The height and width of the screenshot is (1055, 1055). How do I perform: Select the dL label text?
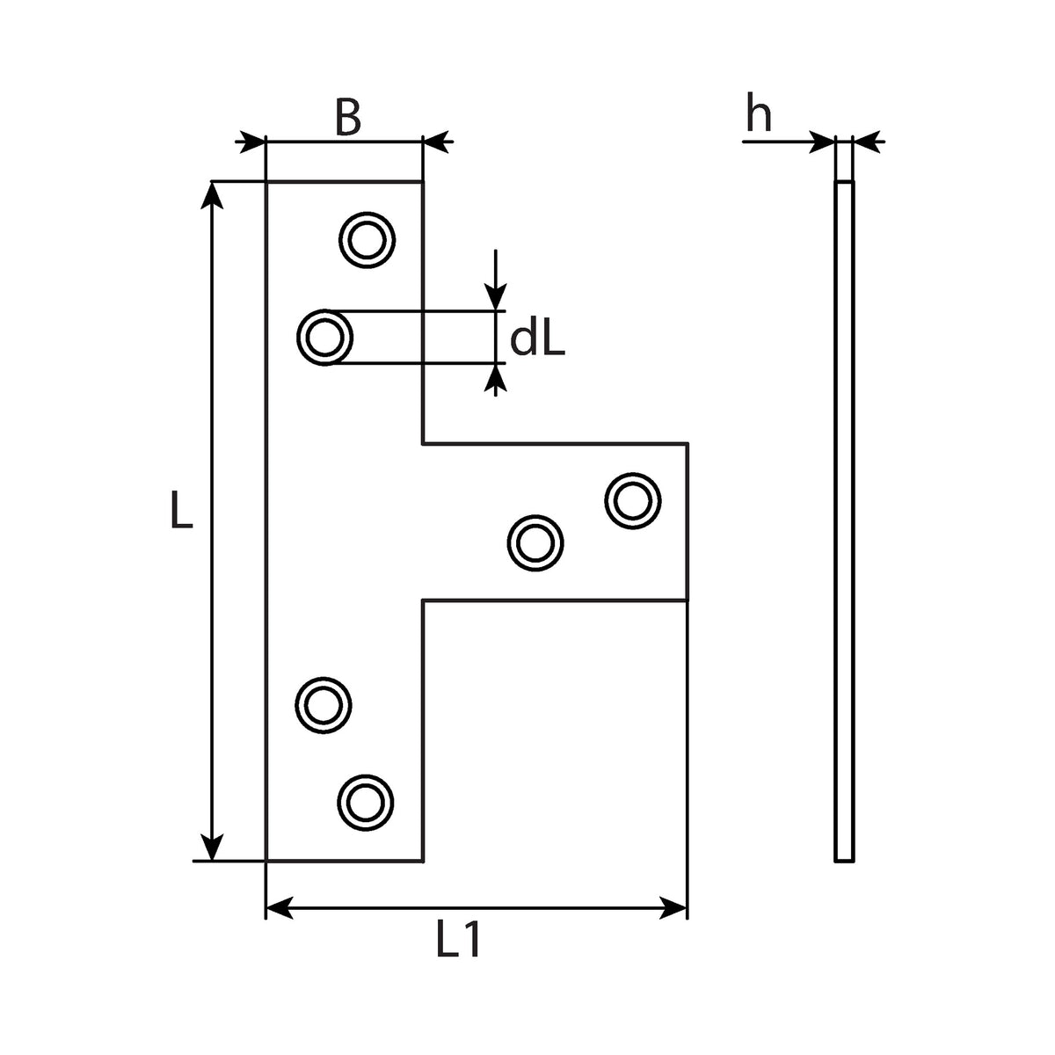[537, 340]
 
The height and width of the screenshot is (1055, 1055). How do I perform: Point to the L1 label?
[459, 939]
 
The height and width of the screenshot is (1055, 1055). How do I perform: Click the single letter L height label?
[182, 510]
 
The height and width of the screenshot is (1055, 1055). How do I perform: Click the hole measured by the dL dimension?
[324, 338]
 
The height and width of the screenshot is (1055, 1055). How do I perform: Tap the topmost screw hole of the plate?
[367, 240]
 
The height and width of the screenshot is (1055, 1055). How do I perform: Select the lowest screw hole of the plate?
[365, 804]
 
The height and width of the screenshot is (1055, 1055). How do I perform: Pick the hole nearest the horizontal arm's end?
[633, 500]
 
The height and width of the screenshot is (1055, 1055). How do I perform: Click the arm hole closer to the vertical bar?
[535, 543]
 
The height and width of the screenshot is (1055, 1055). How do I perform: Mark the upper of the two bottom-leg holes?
[323, 705]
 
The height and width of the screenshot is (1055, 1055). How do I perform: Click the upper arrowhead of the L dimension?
[212, 195]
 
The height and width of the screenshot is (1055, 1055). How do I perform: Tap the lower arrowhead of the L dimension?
[212, 847]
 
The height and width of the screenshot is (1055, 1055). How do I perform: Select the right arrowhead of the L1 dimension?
[673, 907]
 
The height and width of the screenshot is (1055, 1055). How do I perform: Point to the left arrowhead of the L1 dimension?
[280, 907]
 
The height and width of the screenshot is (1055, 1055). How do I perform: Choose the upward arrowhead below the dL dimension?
[496, 378]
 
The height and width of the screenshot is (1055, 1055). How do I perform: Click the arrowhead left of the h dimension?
[822, 142]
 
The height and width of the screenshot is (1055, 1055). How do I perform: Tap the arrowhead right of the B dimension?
[436, 142]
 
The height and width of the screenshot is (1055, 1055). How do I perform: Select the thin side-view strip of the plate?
[844, 521]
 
